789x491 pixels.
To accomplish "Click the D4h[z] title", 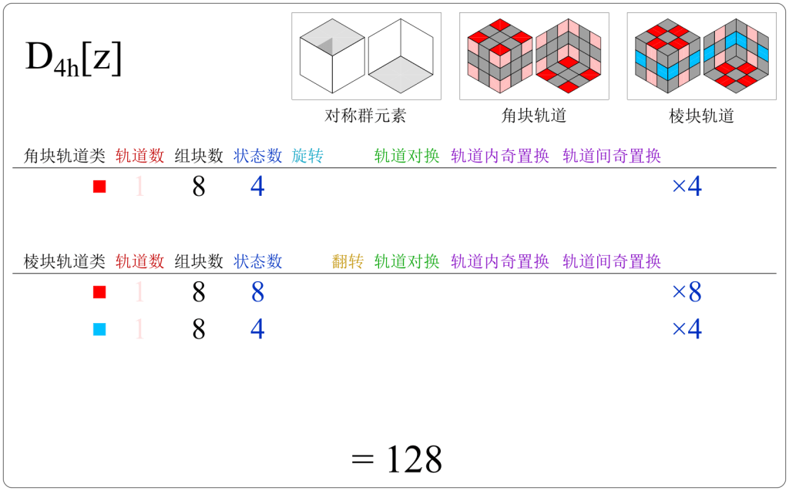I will [74, 60].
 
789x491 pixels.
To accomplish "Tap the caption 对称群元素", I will [365, 116].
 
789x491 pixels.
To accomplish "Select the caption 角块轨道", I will [533, 116].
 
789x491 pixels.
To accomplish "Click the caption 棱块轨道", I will [701, 116].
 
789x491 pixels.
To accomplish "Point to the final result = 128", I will [397, 460].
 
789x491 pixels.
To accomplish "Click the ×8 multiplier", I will [687, 293].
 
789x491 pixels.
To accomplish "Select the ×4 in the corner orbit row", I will [687, 187].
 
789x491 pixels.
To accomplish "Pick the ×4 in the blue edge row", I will [687, 330].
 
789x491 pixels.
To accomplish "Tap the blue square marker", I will [99, 330].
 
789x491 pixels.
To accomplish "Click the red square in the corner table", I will [99, 187].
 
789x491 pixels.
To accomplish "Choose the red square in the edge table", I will [99, 293].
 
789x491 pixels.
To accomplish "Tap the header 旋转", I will [307, 156].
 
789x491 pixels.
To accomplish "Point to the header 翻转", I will [347, 262].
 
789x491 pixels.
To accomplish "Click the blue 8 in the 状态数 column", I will [257, 293].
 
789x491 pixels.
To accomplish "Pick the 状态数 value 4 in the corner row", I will [257, 187].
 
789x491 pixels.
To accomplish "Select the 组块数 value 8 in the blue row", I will [199, 330].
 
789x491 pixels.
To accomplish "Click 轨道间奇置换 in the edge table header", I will [612, 262].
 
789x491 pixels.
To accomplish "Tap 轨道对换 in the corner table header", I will [407, 156].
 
